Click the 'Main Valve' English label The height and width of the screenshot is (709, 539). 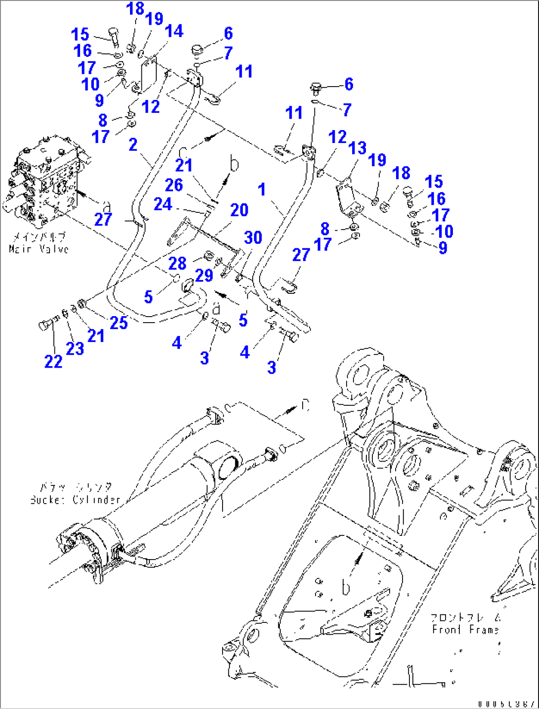(39, 249)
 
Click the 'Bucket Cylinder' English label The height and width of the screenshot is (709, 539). (75, 500)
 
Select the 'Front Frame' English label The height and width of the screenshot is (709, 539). (465, 629)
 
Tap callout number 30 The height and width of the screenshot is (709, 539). (253, 237)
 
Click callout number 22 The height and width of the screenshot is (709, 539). (53, 361)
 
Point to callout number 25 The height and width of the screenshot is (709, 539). (119, 323)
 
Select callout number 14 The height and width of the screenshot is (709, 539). (174, 31)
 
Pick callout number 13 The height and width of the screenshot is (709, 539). (357, 147)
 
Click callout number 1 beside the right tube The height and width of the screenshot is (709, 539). (262, 189)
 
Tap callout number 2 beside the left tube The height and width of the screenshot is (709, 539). (133, 144)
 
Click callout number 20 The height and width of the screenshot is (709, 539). (239, 210)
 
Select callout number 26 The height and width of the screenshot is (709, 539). (174, 185)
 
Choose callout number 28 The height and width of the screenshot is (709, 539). (178, 263)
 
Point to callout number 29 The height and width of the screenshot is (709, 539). (204, 275)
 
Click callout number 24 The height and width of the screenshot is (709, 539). (163, 204)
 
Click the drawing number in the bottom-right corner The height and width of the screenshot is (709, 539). (506, 703)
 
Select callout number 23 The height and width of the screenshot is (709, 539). (75, 348)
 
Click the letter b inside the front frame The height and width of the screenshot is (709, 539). (346, 587)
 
